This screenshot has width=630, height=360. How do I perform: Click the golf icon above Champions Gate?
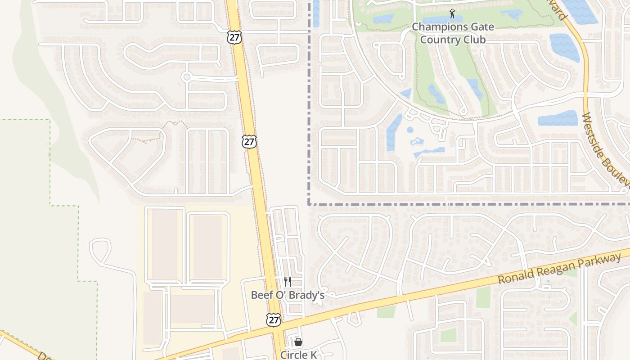coord(453,14)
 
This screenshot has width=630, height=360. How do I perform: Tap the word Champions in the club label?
coord(439,27)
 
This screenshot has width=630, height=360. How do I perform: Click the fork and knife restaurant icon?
coord(288,282)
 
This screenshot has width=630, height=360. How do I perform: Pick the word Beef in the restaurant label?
coord(261,295)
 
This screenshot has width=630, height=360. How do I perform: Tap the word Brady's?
coord(307,295)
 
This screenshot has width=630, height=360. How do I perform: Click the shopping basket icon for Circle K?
coord(298,342)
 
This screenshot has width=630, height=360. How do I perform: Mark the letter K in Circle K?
coord(313,355)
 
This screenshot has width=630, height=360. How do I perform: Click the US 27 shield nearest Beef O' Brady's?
coord(273,319)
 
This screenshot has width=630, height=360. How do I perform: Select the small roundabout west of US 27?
coord(186,77)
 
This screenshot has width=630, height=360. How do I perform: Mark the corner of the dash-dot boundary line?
coord(310,204)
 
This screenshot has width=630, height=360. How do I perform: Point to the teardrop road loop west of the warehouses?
coord(100,248)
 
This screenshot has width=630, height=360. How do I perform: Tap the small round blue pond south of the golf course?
coord(410,130)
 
